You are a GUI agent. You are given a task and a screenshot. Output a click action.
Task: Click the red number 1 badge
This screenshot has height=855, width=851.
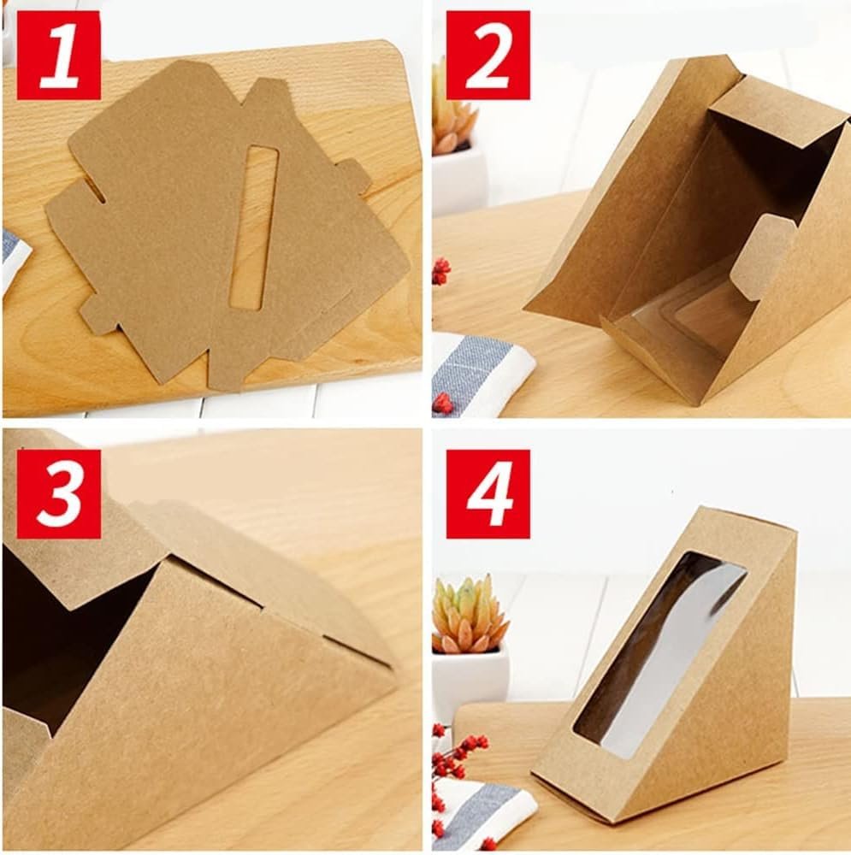[59, 55]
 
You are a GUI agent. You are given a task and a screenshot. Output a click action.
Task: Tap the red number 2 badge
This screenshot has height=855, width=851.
[488, 55]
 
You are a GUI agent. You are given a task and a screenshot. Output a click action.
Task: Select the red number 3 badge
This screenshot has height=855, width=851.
[59, 494]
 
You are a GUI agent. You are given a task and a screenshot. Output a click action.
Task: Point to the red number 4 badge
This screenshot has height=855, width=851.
[488, 494]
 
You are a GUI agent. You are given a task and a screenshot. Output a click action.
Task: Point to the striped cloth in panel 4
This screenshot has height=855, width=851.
[480, 812]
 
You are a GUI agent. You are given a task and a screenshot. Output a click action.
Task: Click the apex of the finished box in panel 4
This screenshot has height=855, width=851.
[700, 508]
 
